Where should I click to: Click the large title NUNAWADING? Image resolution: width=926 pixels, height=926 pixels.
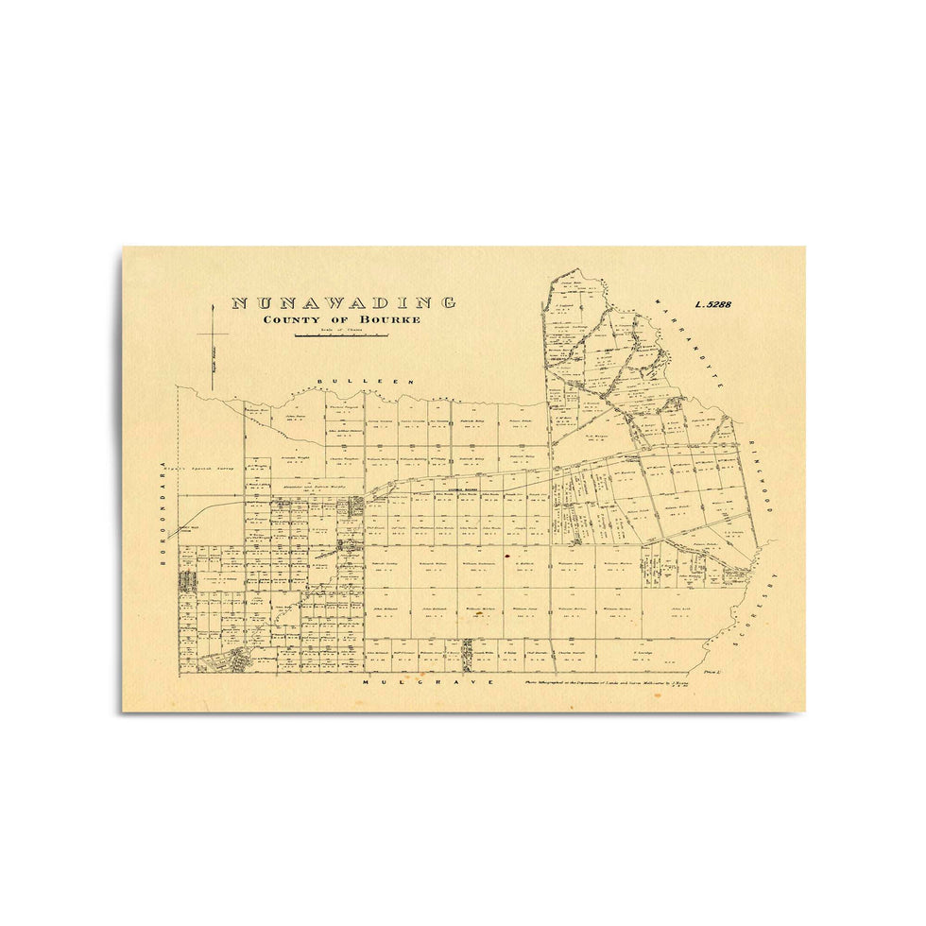click(344, 303)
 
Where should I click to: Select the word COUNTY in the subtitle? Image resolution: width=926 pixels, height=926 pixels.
click(291, 319)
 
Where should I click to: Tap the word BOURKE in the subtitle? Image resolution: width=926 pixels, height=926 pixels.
click(389, 319)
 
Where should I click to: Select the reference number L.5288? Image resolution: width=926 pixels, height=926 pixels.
click(719, 305)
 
